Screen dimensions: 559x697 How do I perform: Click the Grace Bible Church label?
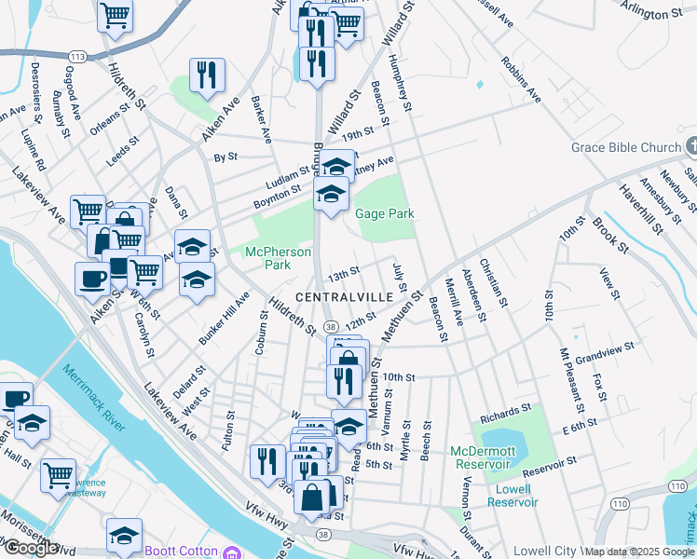point(626,148)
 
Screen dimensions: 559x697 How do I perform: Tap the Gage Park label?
point(384,213)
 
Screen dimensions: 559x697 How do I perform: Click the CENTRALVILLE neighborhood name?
point(337,297)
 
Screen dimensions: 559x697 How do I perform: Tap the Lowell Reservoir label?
point(512,495)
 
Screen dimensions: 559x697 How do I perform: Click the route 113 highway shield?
point(78,57)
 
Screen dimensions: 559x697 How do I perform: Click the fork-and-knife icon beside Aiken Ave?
point(207,74)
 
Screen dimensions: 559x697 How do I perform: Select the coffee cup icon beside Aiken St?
point(93,279)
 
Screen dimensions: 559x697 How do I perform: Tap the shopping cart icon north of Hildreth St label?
point(115,13)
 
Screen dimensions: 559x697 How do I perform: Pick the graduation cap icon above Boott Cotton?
point(124,535)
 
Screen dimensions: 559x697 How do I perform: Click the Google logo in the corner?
point(30,548)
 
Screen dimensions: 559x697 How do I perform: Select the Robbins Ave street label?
point(520,78)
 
